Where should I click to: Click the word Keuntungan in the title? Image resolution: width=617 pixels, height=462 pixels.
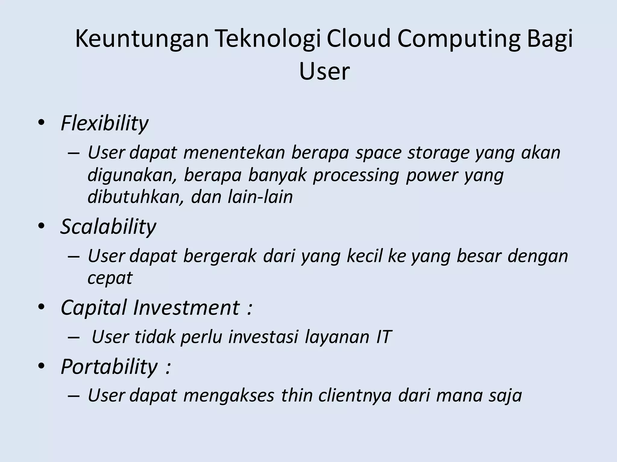tap(142, 39)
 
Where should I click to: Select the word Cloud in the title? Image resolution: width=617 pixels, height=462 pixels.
tap(359, 39)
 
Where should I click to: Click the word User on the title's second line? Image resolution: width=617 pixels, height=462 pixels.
tap(324, 72)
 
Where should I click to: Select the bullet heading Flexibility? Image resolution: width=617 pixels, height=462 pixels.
tap(105, 123)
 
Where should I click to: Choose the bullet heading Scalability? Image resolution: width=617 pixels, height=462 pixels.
tap(108, 226)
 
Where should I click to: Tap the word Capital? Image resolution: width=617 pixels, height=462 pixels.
tap(94, 307)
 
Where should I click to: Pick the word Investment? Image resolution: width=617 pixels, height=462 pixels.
tap(186, 307)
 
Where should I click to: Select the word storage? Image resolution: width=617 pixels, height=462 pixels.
tap(438, 152)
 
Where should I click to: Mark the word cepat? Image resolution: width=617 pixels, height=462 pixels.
tap(110, 278)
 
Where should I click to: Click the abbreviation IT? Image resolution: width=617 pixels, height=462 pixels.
tap(384, 337)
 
